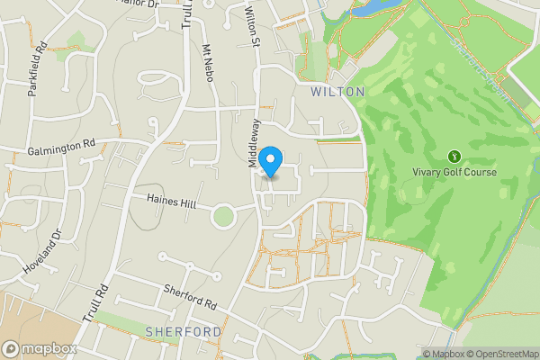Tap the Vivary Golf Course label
click(454, 172)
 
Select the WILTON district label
click(337, 92)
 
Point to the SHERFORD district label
click(184, 332)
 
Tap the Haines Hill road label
click(171, 204)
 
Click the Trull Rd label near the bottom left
click(94, 304)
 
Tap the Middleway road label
click(254, 142)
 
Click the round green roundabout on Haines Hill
click(223, 215)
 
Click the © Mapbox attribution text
click(444, 354)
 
